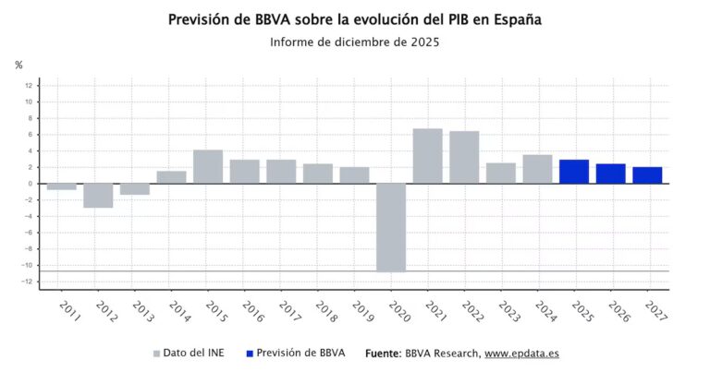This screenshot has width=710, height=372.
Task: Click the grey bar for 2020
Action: (390, 227)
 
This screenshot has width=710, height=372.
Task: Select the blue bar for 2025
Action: (573, 172)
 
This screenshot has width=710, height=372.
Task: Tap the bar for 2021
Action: (427, 156)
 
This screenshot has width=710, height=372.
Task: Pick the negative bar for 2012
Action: (98, 195)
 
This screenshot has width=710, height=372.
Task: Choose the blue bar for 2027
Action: (647, 175)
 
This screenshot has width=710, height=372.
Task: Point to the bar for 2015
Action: (208, 166)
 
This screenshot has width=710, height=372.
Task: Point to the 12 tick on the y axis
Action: (30, 86)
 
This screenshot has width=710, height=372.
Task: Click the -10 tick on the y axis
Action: (29, 265)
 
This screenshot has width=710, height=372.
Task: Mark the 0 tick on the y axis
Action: (31, 184)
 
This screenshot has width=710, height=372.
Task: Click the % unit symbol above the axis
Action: (18, 65)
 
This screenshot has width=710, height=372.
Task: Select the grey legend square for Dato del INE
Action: (156, 354)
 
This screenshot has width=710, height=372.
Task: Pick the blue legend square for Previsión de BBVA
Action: (251, 354)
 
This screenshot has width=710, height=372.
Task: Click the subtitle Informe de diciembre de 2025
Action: (354, 42)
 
